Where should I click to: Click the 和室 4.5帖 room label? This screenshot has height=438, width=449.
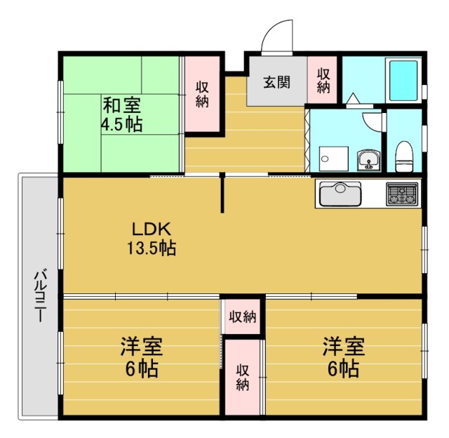[x=122, y=116]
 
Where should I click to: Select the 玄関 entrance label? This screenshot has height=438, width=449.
[x=276, y=82]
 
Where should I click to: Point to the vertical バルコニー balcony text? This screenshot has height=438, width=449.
[x=40, y=295]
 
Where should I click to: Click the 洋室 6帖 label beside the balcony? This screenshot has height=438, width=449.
[x=142, y=357]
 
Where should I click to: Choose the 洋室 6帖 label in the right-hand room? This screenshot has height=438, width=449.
[x=343, y=357]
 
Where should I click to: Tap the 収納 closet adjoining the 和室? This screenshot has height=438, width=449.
[x=202, y=94]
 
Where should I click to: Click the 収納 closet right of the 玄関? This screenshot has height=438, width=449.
[x=323, y=80]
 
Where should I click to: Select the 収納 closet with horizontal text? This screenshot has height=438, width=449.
[x=242, y=317]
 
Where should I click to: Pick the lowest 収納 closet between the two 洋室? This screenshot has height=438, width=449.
[x=243, y=377]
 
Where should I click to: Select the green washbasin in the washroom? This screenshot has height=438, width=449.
[x=368, y=161]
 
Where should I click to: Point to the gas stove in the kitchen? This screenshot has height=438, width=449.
[x=401, y=193]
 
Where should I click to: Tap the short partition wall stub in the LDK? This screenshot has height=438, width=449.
[x=223, y=194]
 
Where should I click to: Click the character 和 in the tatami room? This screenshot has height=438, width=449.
[x=112, y=107]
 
